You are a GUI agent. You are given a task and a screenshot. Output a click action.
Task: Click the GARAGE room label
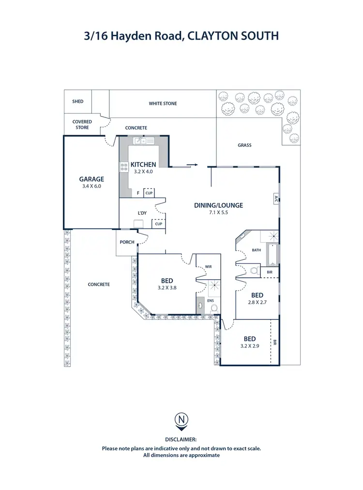tap(91, 179)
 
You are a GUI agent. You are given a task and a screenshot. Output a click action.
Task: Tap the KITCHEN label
tap(143, 165)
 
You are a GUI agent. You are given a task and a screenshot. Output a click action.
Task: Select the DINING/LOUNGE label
tap(218, 205)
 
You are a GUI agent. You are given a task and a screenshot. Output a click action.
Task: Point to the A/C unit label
tap(275, 198)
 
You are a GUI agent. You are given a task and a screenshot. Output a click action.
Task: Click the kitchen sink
tap(144, 141)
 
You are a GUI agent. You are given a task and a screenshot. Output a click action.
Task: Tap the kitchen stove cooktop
tap(123, 167)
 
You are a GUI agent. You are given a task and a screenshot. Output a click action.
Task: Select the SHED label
tap(77, 101)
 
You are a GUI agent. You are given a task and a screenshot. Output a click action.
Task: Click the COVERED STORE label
tap(81, 125)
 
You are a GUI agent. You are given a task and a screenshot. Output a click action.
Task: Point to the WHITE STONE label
tap(163, 103)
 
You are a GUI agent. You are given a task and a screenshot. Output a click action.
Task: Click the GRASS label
tap(244, 145)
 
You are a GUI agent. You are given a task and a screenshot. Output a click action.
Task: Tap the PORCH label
tap(127, 242)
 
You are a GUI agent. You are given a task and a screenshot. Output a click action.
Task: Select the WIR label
tap(209, 266)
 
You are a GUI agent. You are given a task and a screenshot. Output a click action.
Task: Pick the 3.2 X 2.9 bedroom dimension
tap(250, 346)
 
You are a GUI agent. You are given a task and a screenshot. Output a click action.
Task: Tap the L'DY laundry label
tap(142, 213)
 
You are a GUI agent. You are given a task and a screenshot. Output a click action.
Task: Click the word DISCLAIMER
tap(181, 439)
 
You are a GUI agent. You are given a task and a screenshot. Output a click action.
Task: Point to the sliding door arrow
tap(193, 165)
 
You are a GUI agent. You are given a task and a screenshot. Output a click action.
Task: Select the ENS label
tap(210, 301)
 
